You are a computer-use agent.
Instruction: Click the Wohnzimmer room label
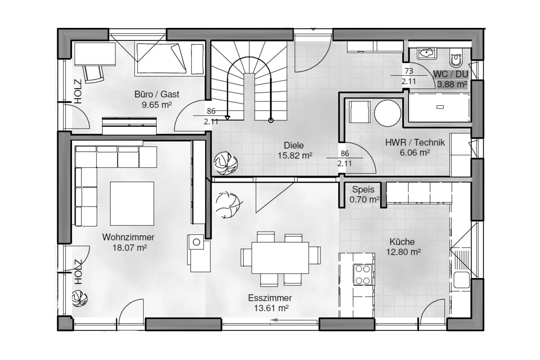(128, 237)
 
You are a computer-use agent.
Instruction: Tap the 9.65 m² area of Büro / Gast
(157, 105)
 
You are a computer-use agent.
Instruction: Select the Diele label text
(293, 145)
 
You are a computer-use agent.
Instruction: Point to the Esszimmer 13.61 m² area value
(271, 308)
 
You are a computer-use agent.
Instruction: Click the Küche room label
(402, 242)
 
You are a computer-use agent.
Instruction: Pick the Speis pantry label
(363, 189)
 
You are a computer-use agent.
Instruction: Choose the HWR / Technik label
(415, 143)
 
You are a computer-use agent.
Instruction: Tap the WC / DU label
(450, 74)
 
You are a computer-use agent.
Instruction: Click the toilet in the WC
(456, 57)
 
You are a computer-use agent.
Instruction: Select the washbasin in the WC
(427, 53)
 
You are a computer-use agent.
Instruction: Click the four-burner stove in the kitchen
(363, 275)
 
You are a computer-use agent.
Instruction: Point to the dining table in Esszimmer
(280, 258)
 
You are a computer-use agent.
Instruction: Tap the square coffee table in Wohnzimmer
(132, 204)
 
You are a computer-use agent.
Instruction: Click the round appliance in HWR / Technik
(387, 113)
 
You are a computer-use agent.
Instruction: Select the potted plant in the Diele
(226, 163)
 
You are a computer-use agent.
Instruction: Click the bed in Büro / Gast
(162, 58)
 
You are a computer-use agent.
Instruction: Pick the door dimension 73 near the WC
(409, 71)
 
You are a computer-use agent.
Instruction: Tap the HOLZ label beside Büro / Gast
(78, 91)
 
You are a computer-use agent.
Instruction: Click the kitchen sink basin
(462, 280)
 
